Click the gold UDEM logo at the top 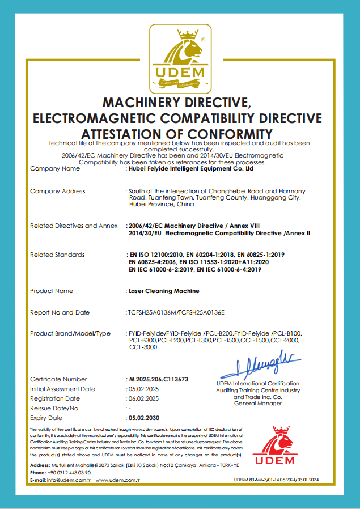(180, 58)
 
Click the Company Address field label (57, 191)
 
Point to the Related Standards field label (57, 255)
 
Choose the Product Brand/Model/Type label (70, 333)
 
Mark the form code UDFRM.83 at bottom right (244, 480)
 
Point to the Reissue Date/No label (54, 408)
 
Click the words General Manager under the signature (258, 404)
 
